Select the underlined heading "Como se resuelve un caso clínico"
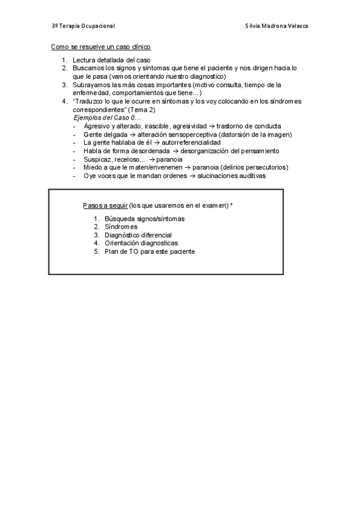point(100,46)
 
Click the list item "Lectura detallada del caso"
point(111,60)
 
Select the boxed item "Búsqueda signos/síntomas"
point(144,218)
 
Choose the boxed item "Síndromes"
point(121,227)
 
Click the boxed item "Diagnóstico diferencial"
point(138,235)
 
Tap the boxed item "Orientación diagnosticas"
point(141,243)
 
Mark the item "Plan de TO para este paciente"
point(150,251)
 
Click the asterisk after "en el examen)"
point(231,204)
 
